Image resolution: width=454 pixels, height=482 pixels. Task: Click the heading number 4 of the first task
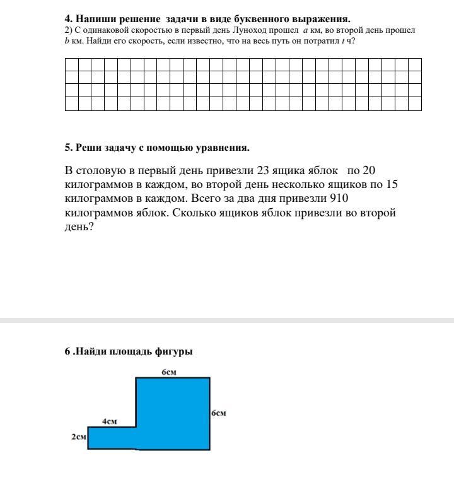point(67,19)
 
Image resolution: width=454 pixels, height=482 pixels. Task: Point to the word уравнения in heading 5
point(225,148)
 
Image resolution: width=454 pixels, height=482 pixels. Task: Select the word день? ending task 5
point(79,227)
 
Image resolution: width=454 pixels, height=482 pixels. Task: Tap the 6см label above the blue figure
point(168,372)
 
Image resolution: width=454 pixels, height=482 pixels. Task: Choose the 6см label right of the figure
point(218,413)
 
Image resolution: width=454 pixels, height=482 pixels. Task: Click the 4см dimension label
point(110,421)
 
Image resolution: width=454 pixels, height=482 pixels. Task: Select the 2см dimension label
point(78,437)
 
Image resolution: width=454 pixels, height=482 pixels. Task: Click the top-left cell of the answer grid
point(71,64)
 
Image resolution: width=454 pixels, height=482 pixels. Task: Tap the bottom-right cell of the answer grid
point(414,104)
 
